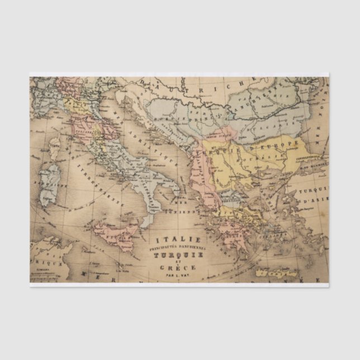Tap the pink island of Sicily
[x=115, y=231]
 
